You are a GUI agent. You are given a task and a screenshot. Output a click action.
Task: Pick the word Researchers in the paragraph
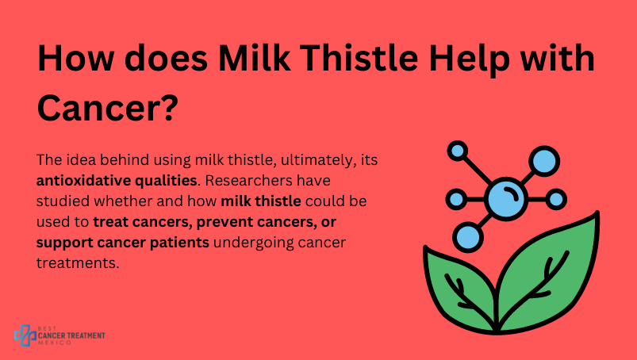coord(248,180)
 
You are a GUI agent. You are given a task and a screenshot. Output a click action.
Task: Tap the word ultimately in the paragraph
coord(318,161)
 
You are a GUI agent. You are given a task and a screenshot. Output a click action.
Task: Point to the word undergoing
coord(253,243)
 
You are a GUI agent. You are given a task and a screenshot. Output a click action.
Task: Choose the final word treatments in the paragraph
coord(78,263)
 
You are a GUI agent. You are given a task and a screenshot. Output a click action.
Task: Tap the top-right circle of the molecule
coord(544,162)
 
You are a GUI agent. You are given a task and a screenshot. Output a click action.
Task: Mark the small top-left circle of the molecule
coord(458,151)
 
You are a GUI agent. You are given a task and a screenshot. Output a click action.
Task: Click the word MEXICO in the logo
coord(55,343)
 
